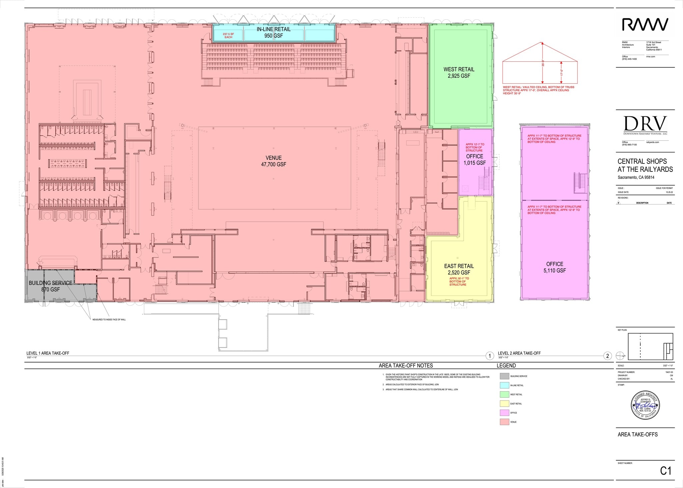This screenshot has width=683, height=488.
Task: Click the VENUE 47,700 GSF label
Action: [x=273, y=161]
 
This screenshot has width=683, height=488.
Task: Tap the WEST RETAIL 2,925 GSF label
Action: [x=459, y=72]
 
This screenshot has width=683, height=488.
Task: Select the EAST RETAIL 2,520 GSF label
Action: [x=459, y=269]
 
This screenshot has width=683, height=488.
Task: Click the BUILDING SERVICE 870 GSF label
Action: [x=50, y=286]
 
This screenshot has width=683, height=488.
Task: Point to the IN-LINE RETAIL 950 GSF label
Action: [x=273, y=32]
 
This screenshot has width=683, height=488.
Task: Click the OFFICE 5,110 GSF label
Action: [x=555, y=267]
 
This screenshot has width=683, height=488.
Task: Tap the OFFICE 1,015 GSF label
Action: [x=475, y=159]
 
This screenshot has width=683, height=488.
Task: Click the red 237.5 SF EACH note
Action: [x=228, y=36]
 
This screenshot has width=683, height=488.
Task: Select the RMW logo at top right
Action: [x=645, y=25]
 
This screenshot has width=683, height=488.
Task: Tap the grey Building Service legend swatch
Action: [x=504, y=376]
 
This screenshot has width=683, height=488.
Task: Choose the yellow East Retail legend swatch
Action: [x=504, y=404]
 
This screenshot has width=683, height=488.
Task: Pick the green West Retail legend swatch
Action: [x=504, y=394]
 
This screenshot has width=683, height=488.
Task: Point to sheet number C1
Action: [x=665, y=471]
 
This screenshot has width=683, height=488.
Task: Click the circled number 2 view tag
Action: [x=607, y=356]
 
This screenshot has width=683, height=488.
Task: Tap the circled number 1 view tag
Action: [x=489, y=356]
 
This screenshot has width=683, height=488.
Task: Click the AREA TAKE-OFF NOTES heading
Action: [x=406, y=366]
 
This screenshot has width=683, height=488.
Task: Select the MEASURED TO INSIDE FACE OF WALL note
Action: [x=109, y=320]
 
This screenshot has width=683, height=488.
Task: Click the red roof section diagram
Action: [x=540, y=63]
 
